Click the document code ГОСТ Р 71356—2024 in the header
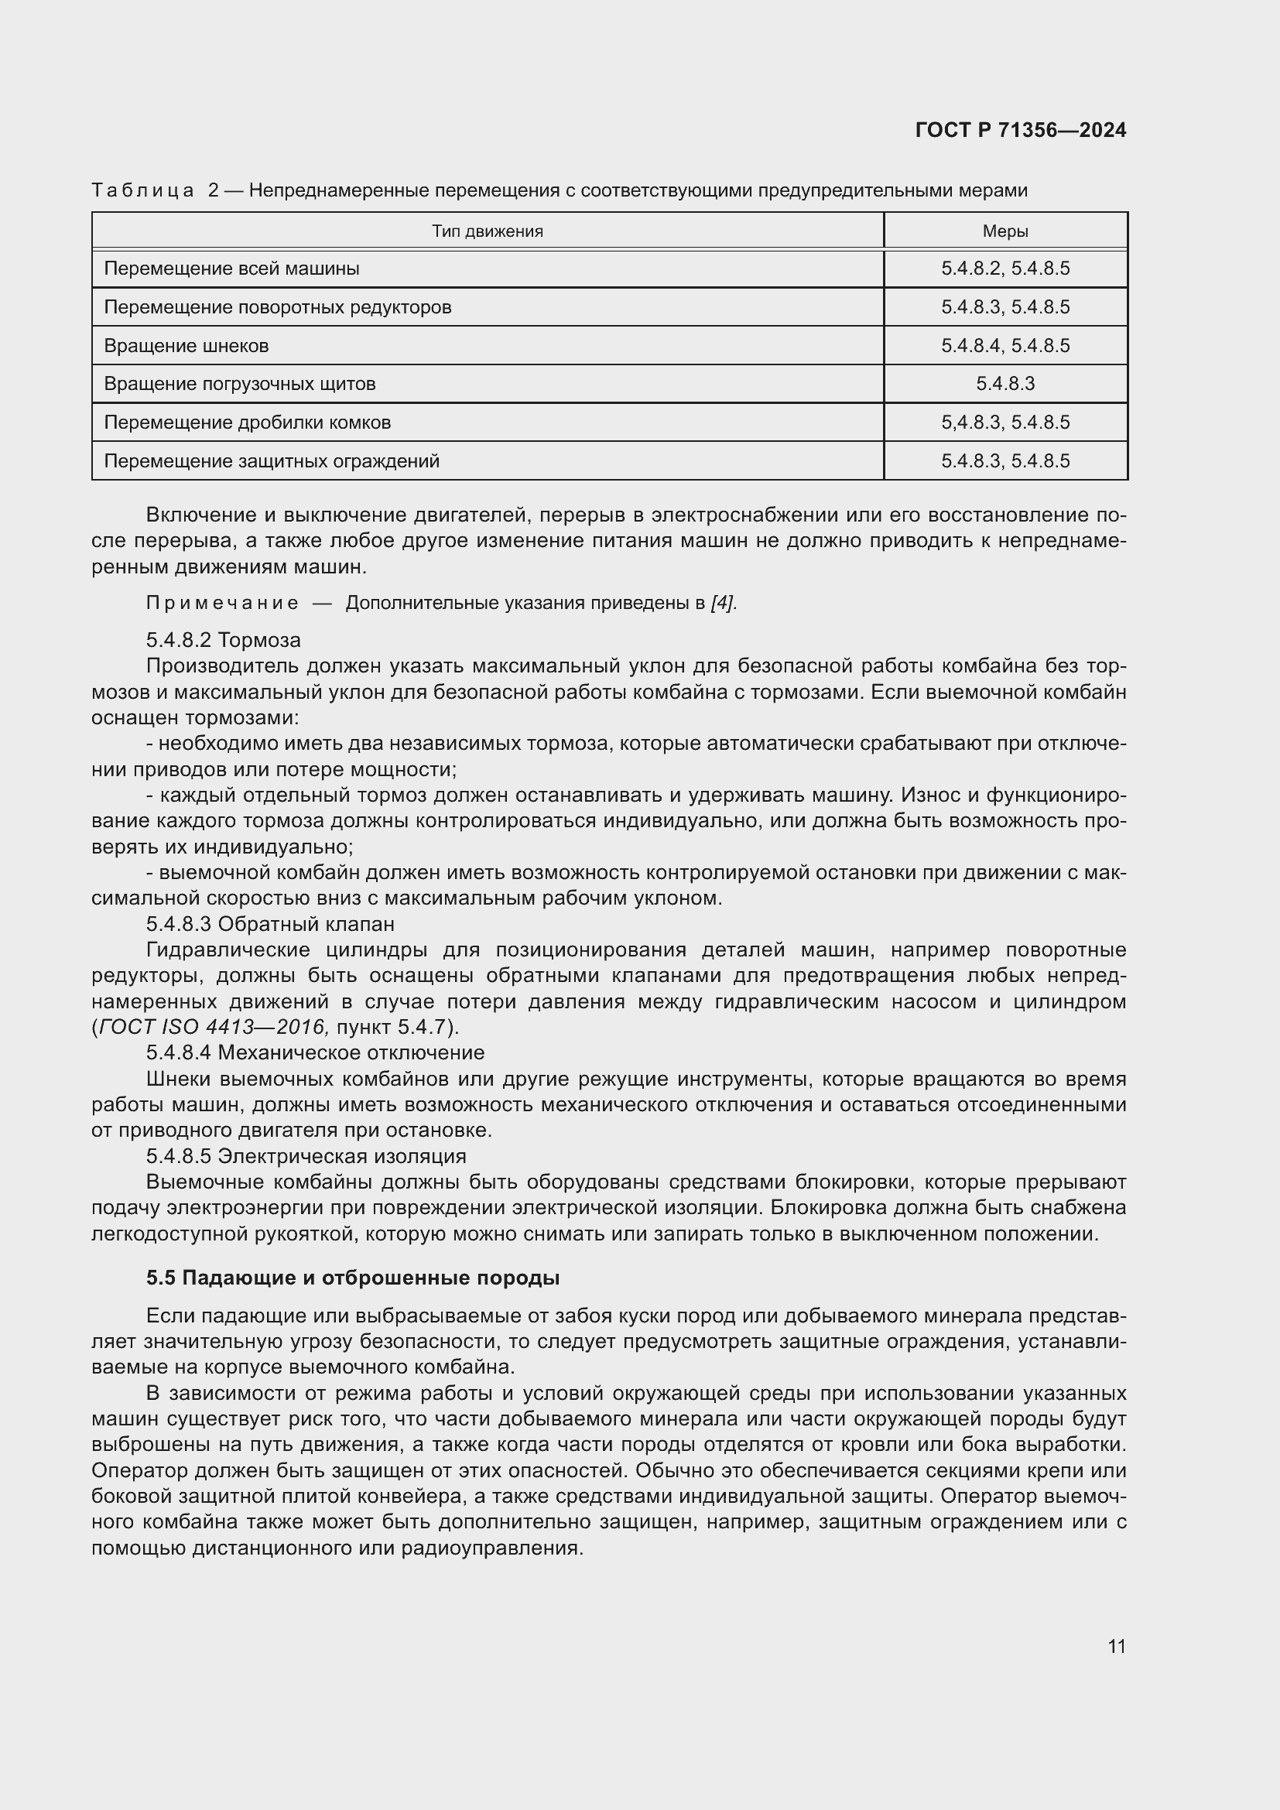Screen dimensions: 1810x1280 pyautogui.click(x=1021, y=131)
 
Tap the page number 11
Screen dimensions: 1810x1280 pyautogui.click(x=1116, y=1646)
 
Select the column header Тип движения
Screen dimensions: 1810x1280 pyautogui.click(x=487, y=231)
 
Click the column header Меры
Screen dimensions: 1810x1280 pyautogui.click(x=1005, y=231)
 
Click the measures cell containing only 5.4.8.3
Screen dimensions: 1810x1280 pyautogui.click(x=1005, y=384)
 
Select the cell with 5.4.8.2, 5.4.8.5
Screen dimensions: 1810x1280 pyautogui.click(x=1005, y=269)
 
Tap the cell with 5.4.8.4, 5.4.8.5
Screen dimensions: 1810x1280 pyautogui.click(x=1005, y=346)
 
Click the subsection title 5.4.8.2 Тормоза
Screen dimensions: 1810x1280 pyautogui.click(x=223, y=640)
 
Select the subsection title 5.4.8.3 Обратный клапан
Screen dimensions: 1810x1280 pyautogui.click(x=269, y=924)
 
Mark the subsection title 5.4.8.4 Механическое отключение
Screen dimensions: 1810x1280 pyautogui.click(x=315, y=1052)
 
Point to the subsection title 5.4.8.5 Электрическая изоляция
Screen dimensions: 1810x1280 pyautogui.click(x=306, y=1156)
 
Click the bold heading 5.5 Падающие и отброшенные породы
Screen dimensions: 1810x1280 pyautogui.click(x=352, y=1278)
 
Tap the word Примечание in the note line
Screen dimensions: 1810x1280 pyautogui.click(x=222, y=604)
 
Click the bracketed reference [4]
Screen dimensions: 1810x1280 pyautogui.click(x=723, y=604)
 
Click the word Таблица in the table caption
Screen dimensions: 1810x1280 pyautogui.click(x=142, y=191)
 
